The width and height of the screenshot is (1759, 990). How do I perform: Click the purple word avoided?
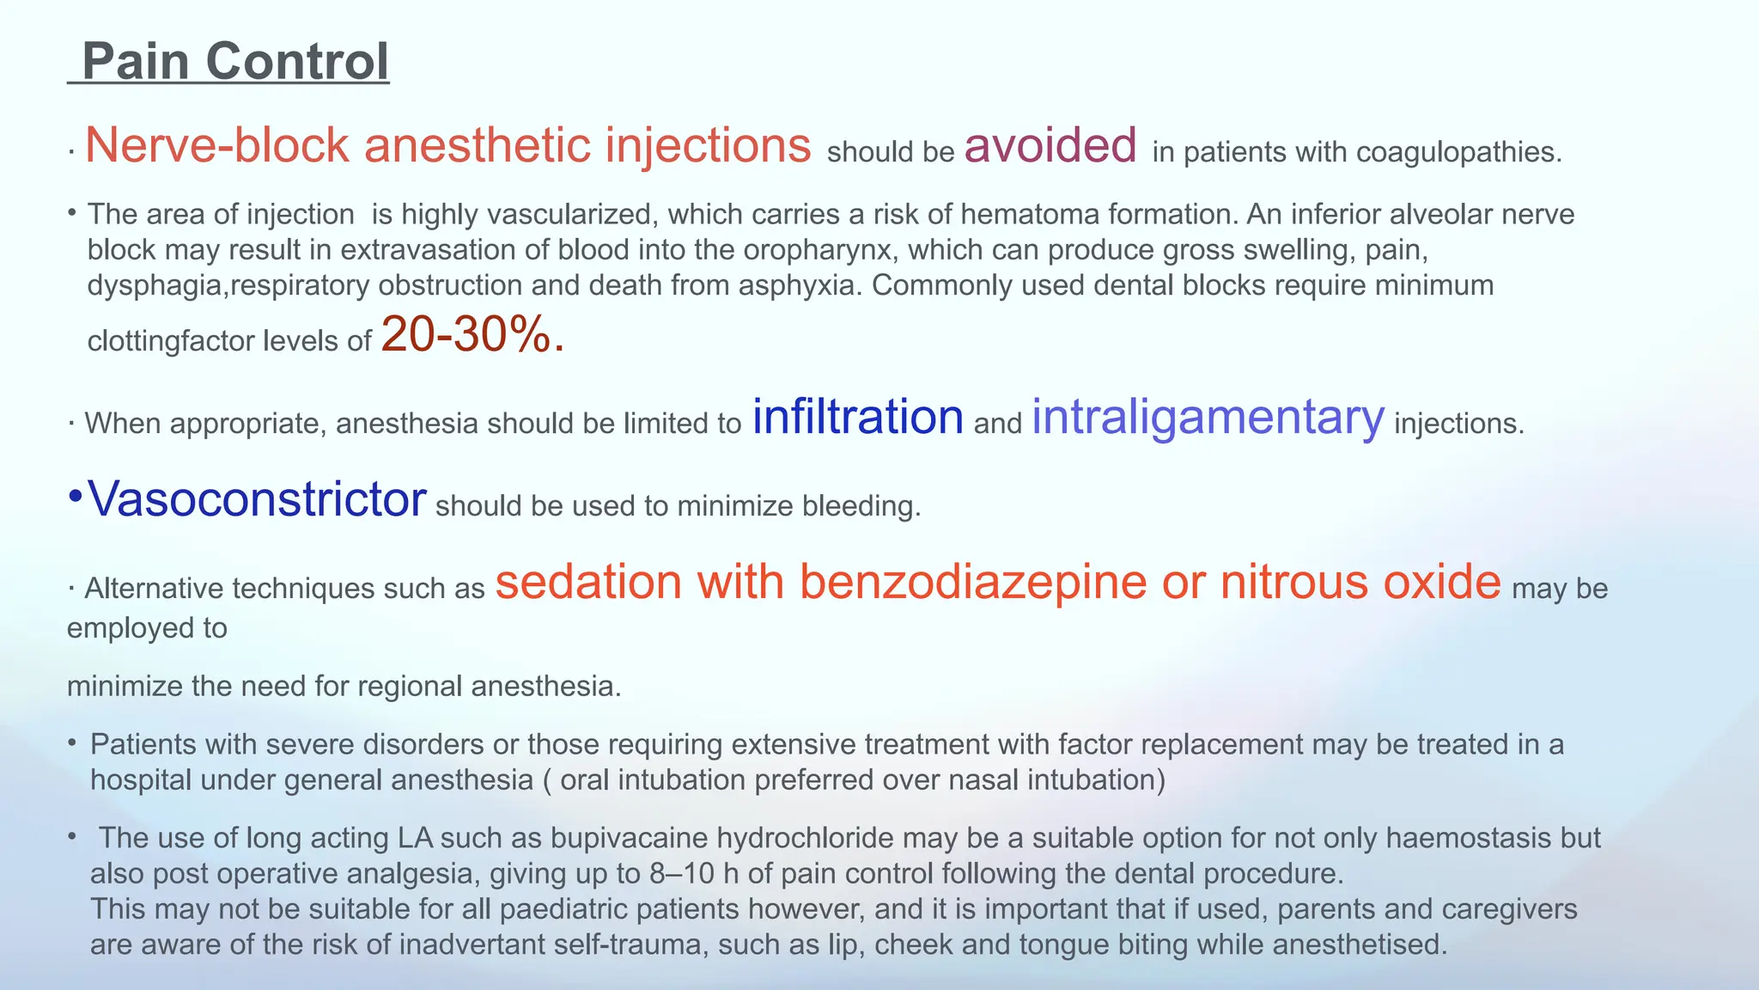(1050, 144)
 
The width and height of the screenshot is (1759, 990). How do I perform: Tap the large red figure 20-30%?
(472, 334)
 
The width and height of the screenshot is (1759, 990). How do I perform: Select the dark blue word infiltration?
(858, 417)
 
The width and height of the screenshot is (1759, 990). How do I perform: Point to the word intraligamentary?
(1208, 419)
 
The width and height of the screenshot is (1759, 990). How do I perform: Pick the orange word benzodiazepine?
(973, 581)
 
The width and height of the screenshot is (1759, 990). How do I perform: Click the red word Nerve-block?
(217, 144)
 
